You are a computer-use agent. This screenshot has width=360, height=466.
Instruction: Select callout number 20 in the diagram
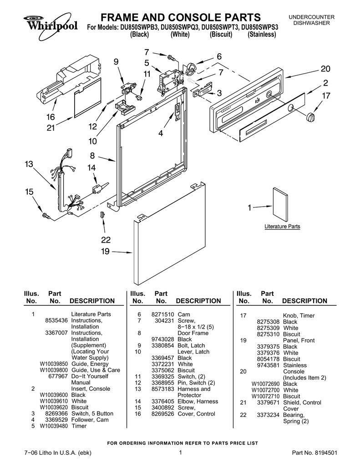[x=325, y=69]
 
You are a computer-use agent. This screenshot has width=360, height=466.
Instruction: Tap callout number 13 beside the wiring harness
[x=29, y=164]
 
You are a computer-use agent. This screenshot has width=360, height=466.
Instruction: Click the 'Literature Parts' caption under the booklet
[x=282, y=226]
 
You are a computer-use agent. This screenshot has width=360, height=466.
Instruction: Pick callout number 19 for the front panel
[x=105, y=251]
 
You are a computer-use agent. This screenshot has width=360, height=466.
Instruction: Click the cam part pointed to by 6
[x=192, y=69]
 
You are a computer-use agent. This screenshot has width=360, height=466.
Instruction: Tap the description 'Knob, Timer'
[x=299, y=316]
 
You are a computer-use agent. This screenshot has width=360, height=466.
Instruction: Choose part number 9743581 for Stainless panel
[x=269, y=365]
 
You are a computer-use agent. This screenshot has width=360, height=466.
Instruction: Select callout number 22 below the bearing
[x=106, y=240]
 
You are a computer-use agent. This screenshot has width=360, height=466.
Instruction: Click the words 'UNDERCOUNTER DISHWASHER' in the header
[x=311, y=20]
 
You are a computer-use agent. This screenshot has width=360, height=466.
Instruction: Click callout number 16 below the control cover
[x=50, y=117]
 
